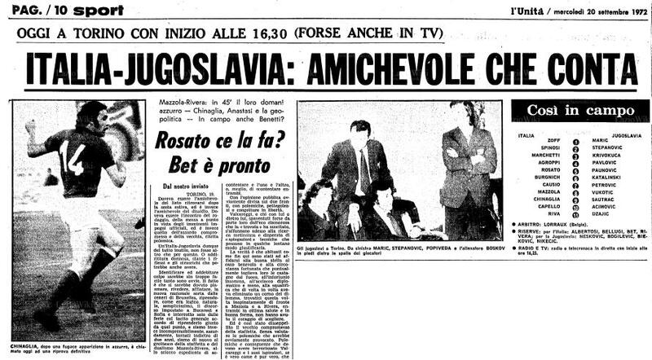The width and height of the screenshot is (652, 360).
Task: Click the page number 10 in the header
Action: pyautogui.click(x=49, y=9)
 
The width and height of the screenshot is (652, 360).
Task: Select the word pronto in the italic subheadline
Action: pyautogui.click(x=237, y=166)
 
